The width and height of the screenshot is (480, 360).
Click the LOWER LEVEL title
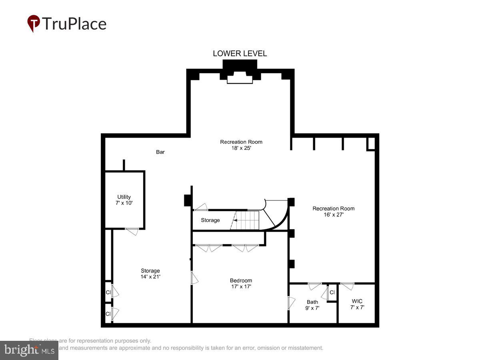[240, 54]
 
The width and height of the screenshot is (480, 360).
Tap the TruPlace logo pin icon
[34, 23]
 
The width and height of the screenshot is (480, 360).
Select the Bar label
[160, 152]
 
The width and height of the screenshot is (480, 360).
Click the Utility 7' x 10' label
[124, 200]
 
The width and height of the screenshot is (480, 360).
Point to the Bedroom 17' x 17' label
[241, 283]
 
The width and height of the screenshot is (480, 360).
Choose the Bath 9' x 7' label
[312, 305]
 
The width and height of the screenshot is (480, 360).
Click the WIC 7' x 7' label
[357, 304]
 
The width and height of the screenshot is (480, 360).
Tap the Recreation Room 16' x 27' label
[333, 211]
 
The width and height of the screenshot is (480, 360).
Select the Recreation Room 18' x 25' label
[241, 144]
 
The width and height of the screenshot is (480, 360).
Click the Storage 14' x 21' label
[150, 274]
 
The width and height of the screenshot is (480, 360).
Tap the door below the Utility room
[132, 231]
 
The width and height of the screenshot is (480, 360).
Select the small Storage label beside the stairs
[210, 220]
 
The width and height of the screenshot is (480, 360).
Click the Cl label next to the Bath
[332, 292]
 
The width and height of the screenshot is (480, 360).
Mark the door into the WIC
[347, 286]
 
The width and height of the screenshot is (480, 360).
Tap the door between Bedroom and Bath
[291, 302]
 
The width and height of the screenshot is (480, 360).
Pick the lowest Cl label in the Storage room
[108, 314]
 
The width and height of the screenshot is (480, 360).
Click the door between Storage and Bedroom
[194, 278]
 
